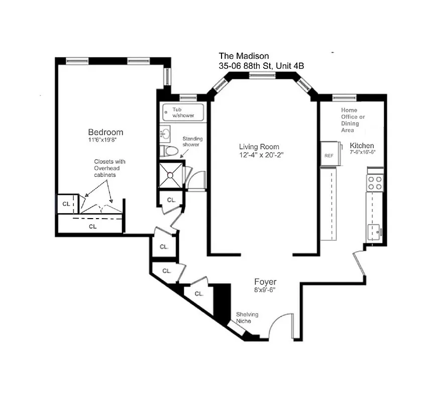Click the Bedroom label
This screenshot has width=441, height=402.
[x=105, y=132]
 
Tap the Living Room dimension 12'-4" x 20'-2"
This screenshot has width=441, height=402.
[x=261, y=155]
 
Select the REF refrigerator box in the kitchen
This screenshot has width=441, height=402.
[x=328, y=155]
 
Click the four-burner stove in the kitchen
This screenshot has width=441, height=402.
[x=375, y=182]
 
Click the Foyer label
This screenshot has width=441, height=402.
[x=265, y=282]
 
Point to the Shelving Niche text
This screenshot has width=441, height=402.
[x=247, y=318]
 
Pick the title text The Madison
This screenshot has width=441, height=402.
[x=244, y=56]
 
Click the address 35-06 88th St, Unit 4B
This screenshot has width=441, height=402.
[x=261, y=66]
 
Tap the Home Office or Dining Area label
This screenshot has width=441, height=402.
[x=353, y=120]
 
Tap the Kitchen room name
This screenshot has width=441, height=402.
[x=362, y=146]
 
